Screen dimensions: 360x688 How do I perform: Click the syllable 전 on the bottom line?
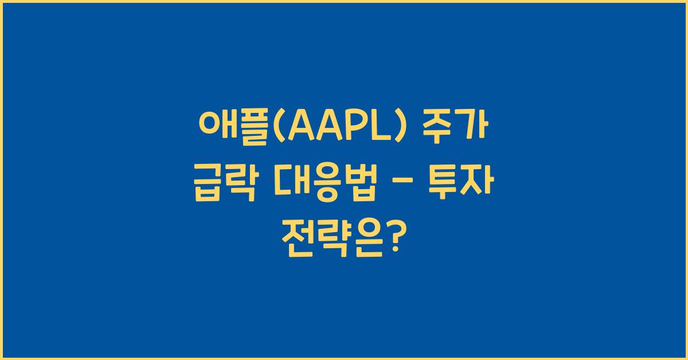coord(298,235)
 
